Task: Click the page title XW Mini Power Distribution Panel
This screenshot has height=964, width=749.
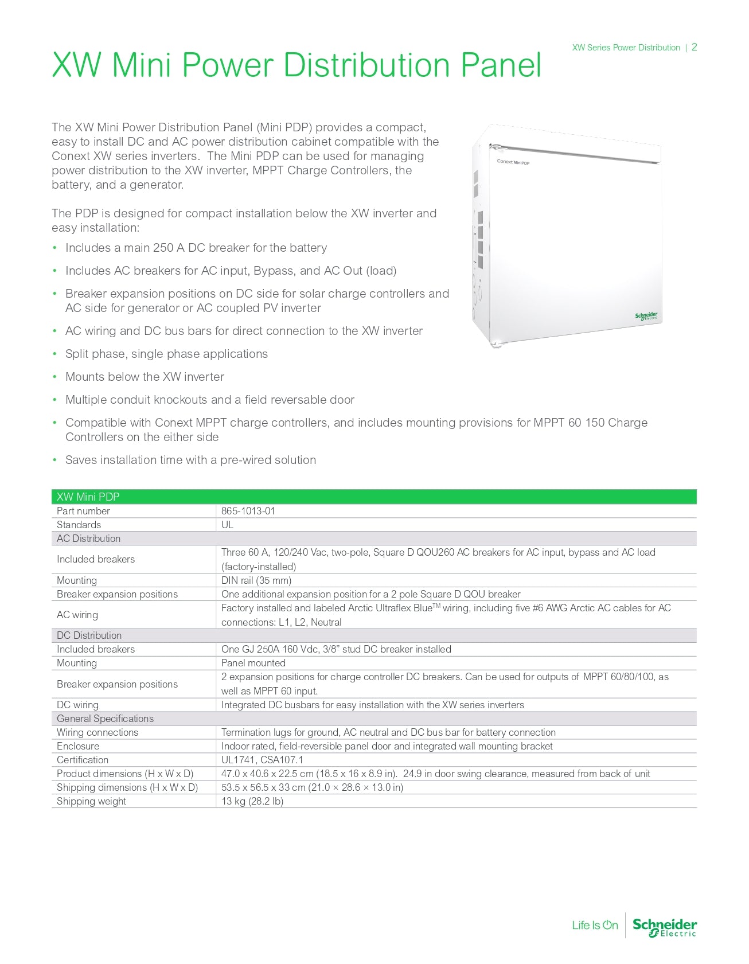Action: point(297,65)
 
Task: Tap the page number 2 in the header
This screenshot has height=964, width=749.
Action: point(695,47)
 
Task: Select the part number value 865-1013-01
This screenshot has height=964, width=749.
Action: point(248,511)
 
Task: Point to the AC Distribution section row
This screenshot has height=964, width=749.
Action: point(89,538)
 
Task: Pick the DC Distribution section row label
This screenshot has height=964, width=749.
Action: point(89,635)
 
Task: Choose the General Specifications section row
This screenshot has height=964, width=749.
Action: point(106,719)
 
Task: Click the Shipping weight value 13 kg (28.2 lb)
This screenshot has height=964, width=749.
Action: point(252,801)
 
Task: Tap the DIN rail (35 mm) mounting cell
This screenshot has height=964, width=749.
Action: point(256,580)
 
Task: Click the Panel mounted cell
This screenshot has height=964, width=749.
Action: point(253,663)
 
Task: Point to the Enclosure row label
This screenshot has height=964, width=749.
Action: point(78,746)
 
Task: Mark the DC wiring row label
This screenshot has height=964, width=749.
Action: point(78,705)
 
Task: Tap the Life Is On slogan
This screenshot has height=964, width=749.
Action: point(595,925)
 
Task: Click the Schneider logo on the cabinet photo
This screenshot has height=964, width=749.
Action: point(646,317)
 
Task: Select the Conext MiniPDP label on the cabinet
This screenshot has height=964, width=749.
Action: point(513,162)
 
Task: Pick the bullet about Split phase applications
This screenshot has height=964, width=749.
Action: point(166,354)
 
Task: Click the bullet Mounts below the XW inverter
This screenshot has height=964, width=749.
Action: point(145,377)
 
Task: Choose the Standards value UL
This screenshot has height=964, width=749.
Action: point(228,525)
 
